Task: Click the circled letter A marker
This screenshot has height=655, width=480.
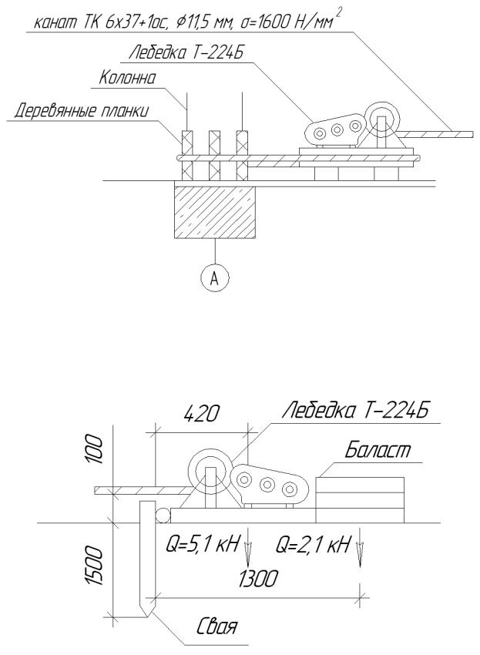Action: click(x=215, y=278)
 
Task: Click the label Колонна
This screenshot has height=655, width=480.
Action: click(x=127, y=78)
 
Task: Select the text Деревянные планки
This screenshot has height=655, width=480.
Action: click(x=82, y=112)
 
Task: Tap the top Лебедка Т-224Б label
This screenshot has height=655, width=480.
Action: click(x=186, y=53)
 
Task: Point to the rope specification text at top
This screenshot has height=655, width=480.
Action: click(x=185, y=22)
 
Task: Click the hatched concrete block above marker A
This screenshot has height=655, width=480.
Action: click(x=214, y=212)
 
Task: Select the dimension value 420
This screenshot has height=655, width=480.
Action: click(x=202, y=415)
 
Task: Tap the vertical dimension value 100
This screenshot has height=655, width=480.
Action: click(x=93, y=449)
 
